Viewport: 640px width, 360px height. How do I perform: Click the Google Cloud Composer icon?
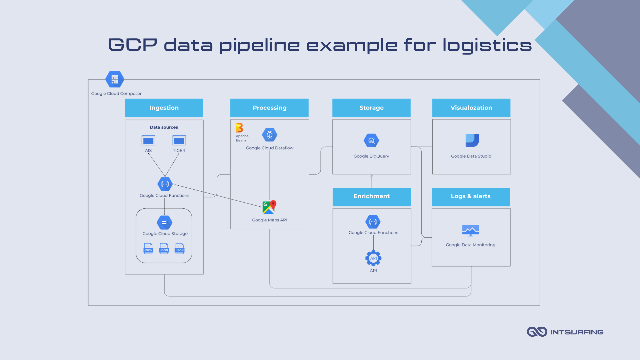coord(115,79)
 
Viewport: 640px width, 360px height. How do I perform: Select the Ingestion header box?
coord(164,108)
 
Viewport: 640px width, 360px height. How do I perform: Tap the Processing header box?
coord(269,108)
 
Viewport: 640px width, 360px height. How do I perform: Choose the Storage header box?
coord(371,108)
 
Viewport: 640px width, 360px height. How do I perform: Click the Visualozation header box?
coord(471,108)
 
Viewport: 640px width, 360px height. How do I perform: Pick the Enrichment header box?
coord(371,196)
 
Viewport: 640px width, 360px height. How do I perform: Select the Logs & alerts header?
coord(471,196)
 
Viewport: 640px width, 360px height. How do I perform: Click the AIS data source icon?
coord(148,140)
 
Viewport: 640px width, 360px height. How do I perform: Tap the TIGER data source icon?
coord(179,140)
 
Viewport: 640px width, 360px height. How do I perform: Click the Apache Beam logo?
coord(239,128)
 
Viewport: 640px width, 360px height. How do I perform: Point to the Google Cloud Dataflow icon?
coord(270,135)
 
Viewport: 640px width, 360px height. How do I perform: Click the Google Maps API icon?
coord(269,207)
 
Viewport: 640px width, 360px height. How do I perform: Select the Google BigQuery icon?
coord(371,141)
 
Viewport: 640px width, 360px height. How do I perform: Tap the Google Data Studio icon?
coord(472,140)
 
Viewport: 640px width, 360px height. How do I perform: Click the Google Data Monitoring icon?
coord(471,230)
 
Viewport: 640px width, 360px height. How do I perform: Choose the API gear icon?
coord(373,258)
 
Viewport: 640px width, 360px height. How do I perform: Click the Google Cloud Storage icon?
coord(165,223)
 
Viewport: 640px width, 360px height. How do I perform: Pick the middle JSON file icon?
coord(164,249)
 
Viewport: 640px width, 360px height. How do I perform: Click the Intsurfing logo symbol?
coord(537,332)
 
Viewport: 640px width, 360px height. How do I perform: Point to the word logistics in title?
coord(487,45)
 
